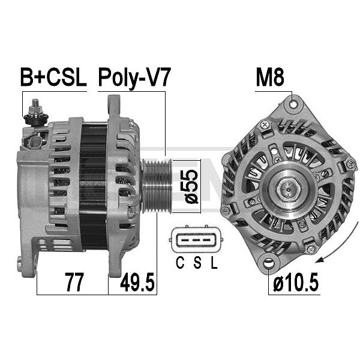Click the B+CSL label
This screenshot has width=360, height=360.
(53, 77)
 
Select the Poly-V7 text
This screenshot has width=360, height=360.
(134, 78)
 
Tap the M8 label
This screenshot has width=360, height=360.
(270, 77)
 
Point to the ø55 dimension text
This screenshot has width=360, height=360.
(191, 187)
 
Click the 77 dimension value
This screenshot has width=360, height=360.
(74, 282)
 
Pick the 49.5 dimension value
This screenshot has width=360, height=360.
(137, 282)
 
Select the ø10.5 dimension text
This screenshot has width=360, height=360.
(296, 282)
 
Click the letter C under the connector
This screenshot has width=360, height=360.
(180, 263)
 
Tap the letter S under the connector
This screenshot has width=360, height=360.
(197, 263)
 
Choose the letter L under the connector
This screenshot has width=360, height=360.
(214, 263)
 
